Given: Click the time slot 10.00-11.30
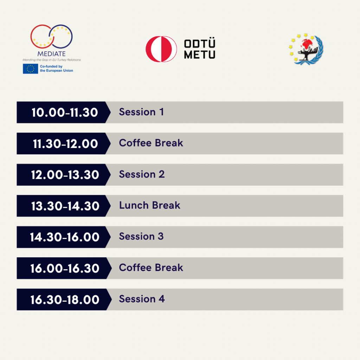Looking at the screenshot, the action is [65, 112].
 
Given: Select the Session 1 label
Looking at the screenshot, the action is [141, 112].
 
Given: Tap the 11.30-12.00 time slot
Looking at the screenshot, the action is [65, 144].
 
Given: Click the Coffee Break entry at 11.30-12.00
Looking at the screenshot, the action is [151, 143].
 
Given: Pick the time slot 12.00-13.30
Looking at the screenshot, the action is [65, 175].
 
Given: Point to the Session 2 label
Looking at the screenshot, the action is [142, 174].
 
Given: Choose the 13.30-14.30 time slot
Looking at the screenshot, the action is [65, 206].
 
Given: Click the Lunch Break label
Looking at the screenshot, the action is [150, 205].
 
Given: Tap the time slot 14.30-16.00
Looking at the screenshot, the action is [65, 237].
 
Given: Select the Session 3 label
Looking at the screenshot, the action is [141, 237].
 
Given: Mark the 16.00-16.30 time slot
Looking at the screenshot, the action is [65, 268].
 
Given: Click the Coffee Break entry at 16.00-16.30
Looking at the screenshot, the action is [151, 268].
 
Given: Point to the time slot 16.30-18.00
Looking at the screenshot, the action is [65, 300].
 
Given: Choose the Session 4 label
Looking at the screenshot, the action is [142, 299].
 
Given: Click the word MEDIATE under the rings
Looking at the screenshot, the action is [51, 54].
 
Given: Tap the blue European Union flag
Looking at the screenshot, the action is [30, 69].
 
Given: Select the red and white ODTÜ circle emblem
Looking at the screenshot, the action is [161, 49].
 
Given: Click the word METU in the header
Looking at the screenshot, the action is [200, 54].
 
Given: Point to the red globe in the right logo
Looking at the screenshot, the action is [307, 44].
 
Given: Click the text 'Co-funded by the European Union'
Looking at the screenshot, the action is [57, 69].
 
